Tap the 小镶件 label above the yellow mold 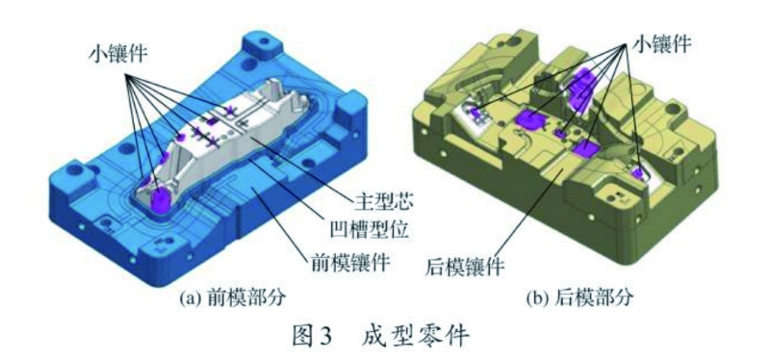(x=660, y=41)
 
